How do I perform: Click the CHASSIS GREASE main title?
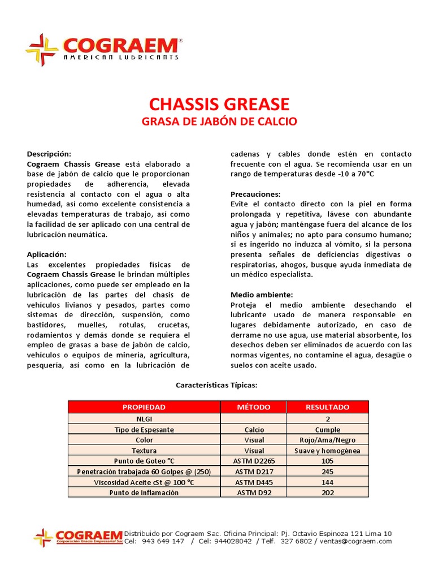(x=219, y=104)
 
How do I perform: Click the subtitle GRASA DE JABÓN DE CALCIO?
(x=219, y=122)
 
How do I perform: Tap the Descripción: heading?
(x=49, y=154)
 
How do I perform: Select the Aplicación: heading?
(x=47, y=254)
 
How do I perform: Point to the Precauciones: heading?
(x=255, y=194)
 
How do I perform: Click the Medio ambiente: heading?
(x=262, y=295)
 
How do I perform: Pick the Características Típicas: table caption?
(x=216, y=385)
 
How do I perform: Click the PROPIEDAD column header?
(x=144, y=407)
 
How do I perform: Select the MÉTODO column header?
(x=254, y=407)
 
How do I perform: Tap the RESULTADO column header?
(x=328, y=407)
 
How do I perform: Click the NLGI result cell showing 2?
(x=328, y=419)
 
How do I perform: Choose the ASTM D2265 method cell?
(x=254, y=461)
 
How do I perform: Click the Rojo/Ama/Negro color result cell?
(x=328, y=440)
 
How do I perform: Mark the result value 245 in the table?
(x=328, y=472)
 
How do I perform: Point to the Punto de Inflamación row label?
(x=144, y=492)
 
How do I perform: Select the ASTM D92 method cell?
(x=254, y=492)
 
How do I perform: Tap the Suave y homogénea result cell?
(x=328, y=451)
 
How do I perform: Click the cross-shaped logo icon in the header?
(x=42, y=50)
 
